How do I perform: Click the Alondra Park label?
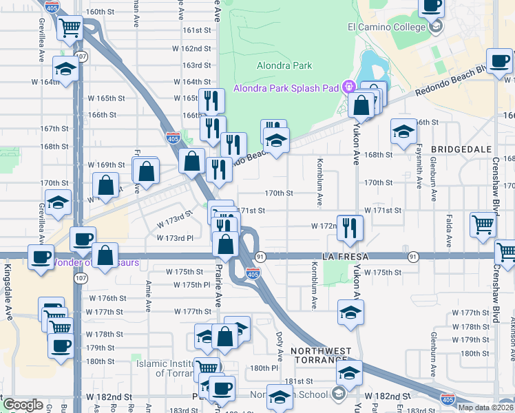(284, 66)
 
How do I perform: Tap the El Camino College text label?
(388, 28)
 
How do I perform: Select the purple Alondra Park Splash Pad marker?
(349, 87)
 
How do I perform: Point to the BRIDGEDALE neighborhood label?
(461, 149)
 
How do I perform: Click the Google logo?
(23, 405)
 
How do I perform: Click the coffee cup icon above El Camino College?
(431, 6)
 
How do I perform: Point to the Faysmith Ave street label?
(419, 167)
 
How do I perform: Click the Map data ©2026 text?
(486, 407)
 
